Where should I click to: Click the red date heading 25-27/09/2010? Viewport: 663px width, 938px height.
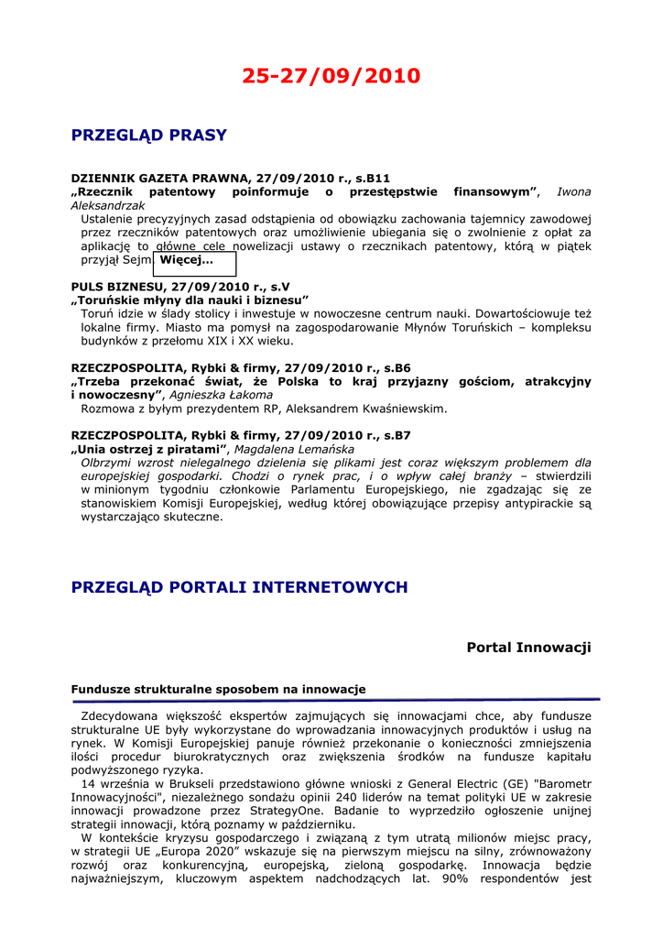click(331, 76)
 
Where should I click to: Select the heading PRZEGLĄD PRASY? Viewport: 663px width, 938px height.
click(148, 136)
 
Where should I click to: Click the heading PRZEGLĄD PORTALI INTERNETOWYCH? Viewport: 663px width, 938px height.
click(240, 587)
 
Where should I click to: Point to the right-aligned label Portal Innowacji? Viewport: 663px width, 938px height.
click(528, 648)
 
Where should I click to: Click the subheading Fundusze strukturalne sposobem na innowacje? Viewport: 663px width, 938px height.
click(218, 689)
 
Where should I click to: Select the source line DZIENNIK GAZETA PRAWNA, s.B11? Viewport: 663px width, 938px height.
click(231, 178)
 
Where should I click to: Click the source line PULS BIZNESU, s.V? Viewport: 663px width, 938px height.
click(180, 287)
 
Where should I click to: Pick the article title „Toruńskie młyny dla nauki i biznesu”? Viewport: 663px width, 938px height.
click(190, 300)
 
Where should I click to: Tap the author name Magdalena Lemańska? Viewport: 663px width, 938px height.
click(295, 450)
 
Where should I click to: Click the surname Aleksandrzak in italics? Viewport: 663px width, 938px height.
click(108, 206)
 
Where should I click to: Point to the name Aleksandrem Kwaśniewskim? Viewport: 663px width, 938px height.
click(368, 409)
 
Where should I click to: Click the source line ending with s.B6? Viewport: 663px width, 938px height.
click(241, 368)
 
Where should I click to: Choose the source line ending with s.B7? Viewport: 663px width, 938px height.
click(241, 436)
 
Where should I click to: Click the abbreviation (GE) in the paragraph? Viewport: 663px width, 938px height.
click(516, 784)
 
